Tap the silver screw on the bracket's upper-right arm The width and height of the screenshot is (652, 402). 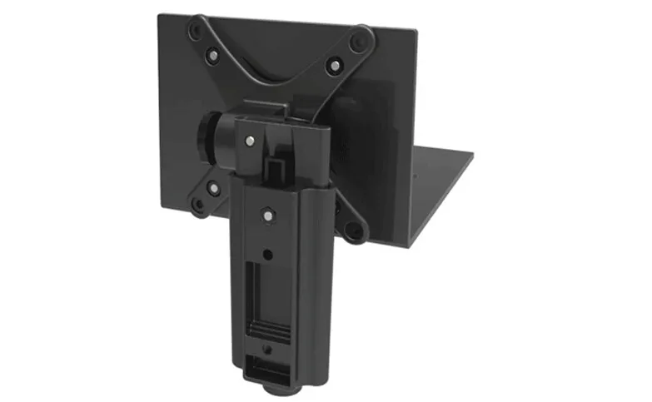[334, 64]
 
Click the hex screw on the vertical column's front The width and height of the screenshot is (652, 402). [267, 214]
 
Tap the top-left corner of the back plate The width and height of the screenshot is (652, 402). [160, 13]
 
